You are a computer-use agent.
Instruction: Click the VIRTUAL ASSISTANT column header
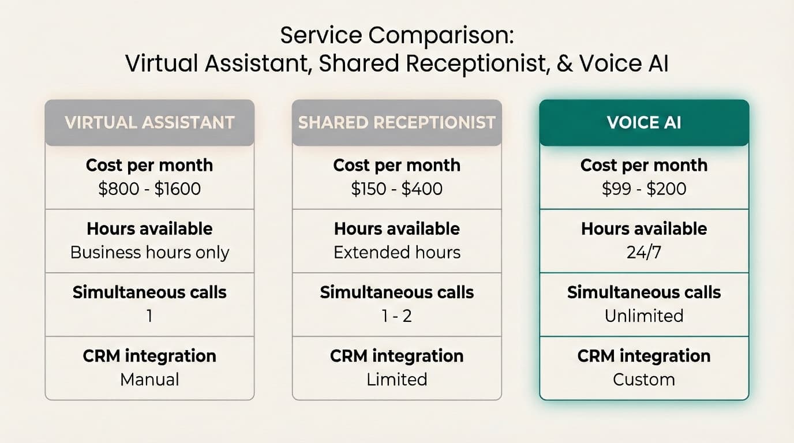149,122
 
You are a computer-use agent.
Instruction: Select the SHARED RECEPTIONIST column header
397,122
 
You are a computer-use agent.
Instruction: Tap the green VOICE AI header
644,122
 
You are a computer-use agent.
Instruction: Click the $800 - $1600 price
149,189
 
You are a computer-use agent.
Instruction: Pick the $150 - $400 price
397,189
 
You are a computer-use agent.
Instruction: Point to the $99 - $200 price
644,189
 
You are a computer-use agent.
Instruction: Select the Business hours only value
149,253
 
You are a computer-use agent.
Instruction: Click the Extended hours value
397,253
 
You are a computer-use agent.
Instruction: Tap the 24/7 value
644,253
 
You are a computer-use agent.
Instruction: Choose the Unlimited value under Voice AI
644,316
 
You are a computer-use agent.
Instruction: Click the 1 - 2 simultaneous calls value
397,316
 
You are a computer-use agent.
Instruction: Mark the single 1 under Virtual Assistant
149,316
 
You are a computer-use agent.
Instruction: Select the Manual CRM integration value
149,380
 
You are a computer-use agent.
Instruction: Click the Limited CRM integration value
397,380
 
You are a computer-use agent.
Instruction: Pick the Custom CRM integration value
644,380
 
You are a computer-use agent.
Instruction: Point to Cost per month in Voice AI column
644,166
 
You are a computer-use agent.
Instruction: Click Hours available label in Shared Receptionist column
397,229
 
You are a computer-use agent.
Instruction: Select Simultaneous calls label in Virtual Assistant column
149,292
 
